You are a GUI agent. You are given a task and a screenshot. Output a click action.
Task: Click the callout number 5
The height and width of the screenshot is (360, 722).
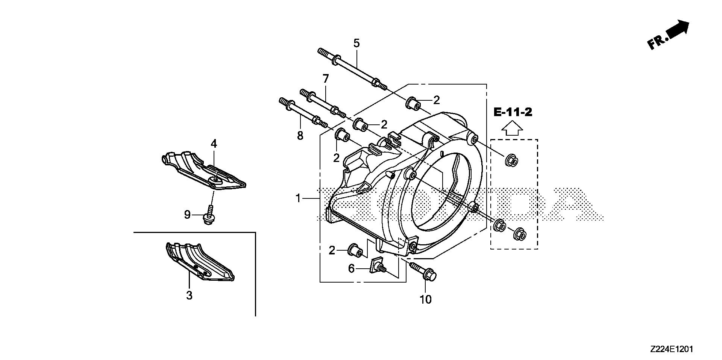(356, 43)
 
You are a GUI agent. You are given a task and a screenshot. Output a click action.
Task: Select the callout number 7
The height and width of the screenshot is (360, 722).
(325, 79)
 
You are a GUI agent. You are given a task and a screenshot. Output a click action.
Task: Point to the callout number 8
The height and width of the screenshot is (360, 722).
(300, 136)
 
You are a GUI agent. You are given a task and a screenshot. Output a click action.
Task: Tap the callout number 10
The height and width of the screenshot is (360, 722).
(426, 299)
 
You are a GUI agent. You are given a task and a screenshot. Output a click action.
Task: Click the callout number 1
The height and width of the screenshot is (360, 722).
(298, 198)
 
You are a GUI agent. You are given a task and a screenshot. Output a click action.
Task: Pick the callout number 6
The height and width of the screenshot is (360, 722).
(351, 269)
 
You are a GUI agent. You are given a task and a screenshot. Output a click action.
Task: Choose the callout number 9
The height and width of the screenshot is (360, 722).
(187, 215)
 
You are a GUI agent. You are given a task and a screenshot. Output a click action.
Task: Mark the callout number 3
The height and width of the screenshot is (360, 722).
(189, 295)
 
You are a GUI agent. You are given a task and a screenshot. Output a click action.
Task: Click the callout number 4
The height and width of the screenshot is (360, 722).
(214, 143)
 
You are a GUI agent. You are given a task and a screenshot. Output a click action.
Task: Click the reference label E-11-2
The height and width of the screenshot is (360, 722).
(513, 112)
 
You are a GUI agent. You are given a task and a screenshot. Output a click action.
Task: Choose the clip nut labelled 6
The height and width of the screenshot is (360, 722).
(377, 266)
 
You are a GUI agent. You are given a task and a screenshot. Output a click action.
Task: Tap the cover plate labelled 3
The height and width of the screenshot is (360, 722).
(199, 261)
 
